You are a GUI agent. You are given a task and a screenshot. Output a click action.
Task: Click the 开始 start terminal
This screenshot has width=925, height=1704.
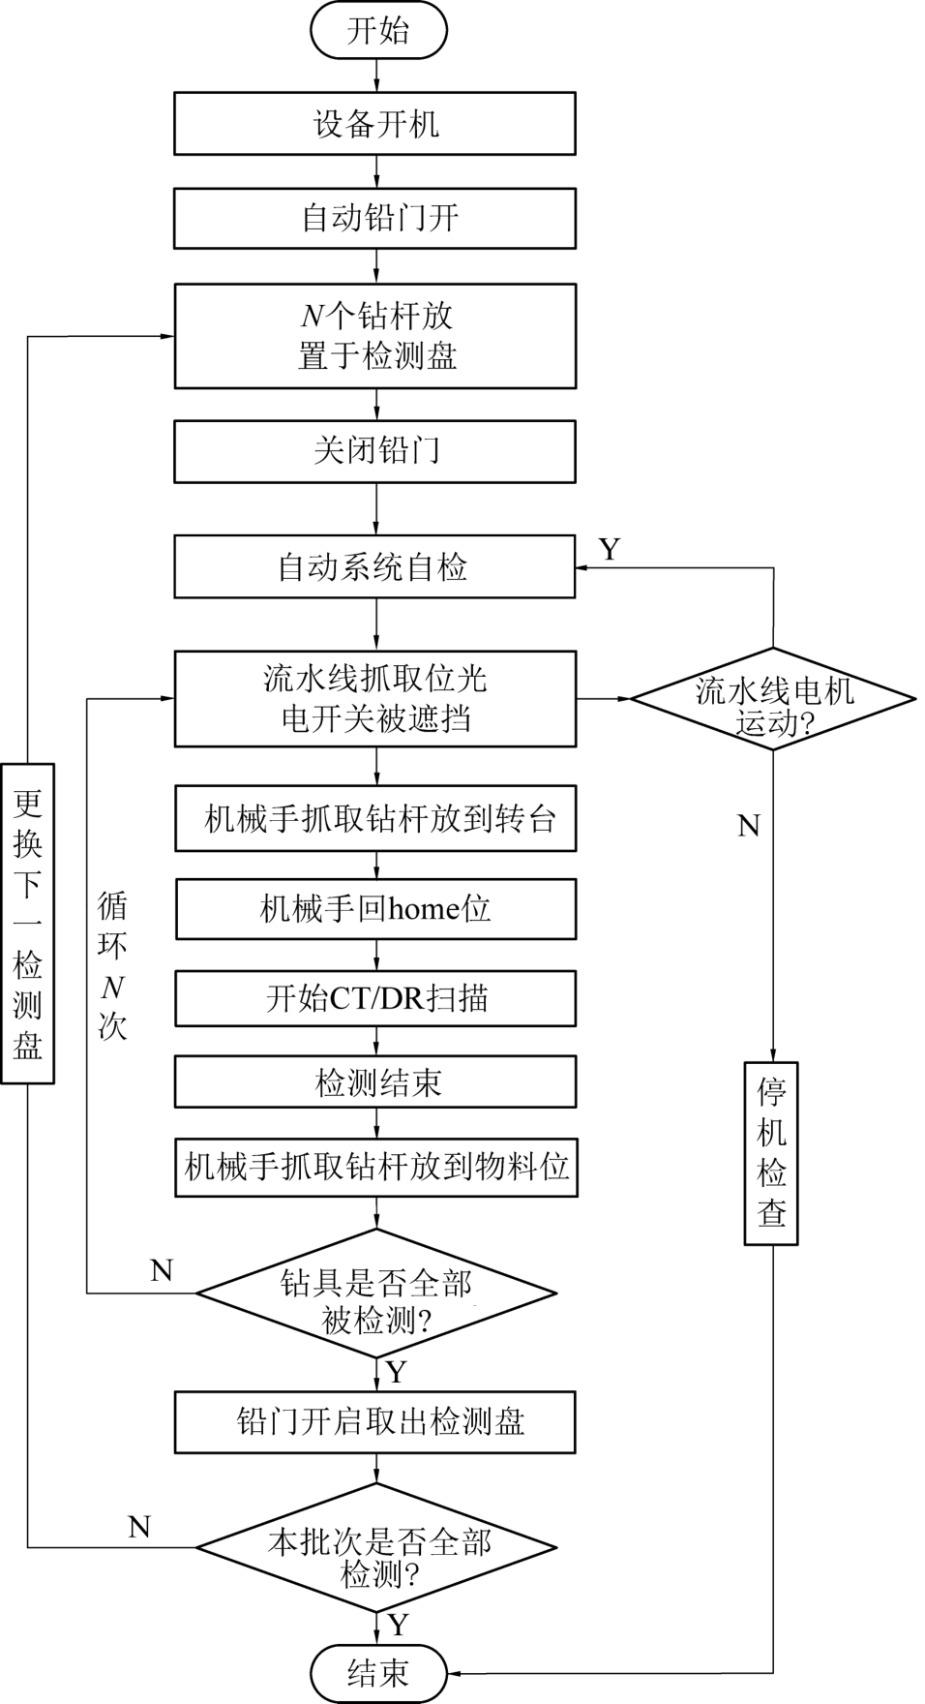(x=377, y=30)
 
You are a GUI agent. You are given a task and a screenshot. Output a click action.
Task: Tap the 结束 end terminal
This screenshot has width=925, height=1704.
(x=377, y=1672)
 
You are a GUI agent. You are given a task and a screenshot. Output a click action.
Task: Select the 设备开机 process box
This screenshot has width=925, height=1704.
(x=374, y=123)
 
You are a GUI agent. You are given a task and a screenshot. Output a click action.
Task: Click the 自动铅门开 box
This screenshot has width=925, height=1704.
(x=374, y=217)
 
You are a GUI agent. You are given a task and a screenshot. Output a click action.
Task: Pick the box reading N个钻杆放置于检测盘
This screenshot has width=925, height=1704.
(x=374, y=336)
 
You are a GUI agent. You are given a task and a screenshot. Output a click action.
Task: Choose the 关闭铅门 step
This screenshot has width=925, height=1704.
(x=374, y=450)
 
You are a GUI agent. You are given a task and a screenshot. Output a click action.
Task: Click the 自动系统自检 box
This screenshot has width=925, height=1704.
(x=374, y=566)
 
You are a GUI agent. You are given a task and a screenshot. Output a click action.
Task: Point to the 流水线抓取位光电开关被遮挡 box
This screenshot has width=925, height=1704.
(x=374, y=698)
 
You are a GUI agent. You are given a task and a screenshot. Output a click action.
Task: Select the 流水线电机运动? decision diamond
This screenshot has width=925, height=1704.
(x=772, y=699)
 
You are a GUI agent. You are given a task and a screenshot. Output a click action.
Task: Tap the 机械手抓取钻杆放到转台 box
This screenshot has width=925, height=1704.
(x=375, y=819)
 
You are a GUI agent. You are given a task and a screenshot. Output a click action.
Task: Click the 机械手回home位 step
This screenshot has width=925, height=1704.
(x=375, y=908)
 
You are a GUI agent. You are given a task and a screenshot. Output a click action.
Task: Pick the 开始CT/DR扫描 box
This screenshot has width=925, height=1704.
(x=375, y=997)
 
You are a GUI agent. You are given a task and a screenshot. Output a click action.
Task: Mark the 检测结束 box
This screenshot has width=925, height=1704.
(x=375, y=1081)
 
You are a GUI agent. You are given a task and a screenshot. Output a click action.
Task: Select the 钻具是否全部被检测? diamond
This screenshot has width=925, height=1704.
(x=376, y=1293)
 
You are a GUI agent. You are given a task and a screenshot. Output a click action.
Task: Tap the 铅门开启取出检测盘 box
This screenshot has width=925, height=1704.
(x=374, y=1421)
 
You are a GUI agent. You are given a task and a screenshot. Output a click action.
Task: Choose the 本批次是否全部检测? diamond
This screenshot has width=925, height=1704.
(x=376, y=1547)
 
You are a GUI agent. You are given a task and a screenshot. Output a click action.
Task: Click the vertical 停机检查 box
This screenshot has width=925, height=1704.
(x=771, y=1152)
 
